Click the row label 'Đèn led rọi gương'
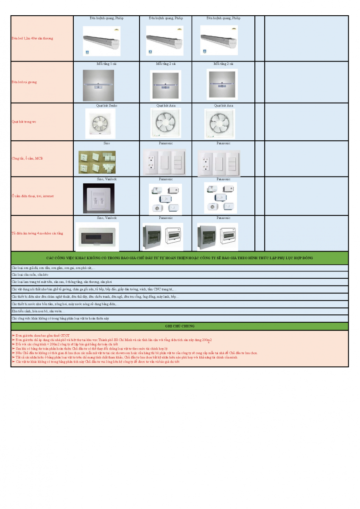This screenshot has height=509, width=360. click(x=24, y=82)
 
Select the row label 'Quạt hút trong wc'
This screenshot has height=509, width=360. click(x=24, y=122)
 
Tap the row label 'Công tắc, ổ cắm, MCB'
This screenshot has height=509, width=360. click(x=27, y=158)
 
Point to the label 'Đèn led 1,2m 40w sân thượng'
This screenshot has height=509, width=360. click(x=32, y=38)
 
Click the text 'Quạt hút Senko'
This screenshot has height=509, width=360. click(x=107, y=105)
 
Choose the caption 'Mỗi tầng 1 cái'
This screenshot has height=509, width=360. click(x=106, y=64)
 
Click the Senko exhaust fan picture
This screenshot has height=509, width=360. click(x=100, y=123)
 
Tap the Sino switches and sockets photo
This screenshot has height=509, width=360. click(x=97, y=162)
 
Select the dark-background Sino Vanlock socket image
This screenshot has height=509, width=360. click(x=98, y=198)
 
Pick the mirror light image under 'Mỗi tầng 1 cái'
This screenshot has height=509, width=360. click(x=98, y=85)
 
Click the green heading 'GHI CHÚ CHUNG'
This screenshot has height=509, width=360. click(x=180, y=326)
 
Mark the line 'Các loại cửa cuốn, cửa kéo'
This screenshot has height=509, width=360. click(x=30, y=275)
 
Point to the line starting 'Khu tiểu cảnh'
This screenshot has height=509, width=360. click(x=39, y=311)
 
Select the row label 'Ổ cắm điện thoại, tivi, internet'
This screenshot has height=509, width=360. click(x=33, y=196)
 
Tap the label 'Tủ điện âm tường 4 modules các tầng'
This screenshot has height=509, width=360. click(x=37, y=233)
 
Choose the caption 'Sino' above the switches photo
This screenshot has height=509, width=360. click(x=106, y=143)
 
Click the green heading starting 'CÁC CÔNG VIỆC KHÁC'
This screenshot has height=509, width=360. click(x=180, y=258)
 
